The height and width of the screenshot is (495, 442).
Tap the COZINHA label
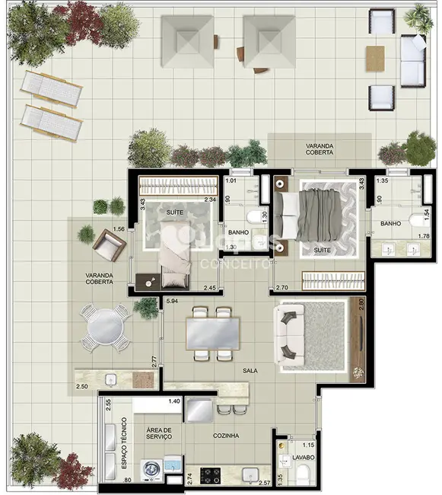[226, 436]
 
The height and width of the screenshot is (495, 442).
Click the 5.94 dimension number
[172, 302]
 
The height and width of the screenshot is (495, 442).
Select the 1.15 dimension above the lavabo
[307, 445]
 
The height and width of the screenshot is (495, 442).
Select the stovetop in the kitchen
[209, 475]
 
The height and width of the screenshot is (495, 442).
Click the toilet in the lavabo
[302, 476]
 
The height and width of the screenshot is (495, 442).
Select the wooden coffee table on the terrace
[375, 59]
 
